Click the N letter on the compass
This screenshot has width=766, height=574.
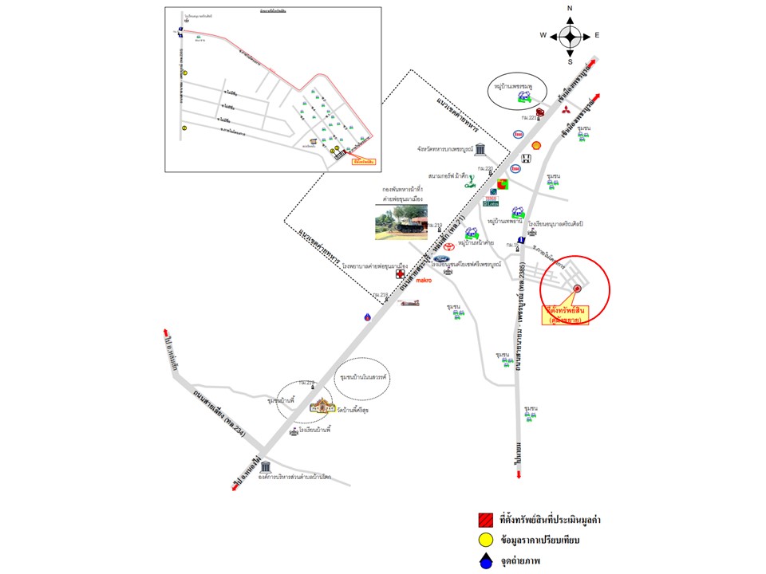pyautogui.click(x=570, y=9)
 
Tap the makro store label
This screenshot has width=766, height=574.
pyautogui.click(x=423, y=280)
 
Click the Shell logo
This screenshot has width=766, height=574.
pyautogui.click(x=537, y=145)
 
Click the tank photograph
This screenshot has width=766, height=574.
pyautogui.click(x=401, y=222)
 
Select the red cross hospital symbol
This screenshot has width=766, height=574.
pyautogui.click(x=399, y=273)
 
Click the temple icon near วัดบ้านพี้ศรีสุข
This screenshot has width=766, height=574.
pyautogui.click(x=323, y=407)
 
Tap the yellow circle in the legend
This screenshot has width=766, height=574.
pyautogui.click(x=484, y=541)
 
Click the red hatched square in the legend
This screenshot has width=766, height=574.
pyautogui.click(x=484, y=520)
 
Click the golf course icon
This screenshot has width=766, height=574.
pyautogui.click(x=471, y=185)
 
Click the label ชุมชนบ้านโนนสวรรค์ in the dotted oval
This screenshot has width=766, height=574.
pyautogui.click(x=363, y=375)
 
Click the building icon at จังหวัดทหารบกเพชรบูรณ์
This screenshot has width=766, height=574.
pyautogui.click(x=480, y=149)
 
